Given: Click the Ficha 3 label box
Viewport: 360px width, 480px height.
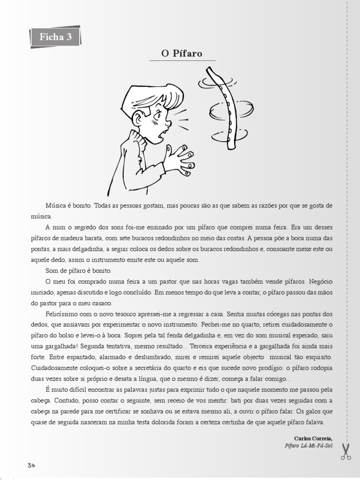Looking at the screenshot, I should [x=56, y=37].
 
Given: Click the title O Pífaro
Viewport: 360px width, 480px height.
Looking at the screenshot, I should [x=182, y=53].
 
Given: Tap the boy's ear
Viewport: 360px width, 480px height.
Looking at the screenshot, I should [x=137, y=119].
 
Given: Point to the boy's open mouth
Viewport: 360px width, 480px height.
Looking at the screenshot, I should [x=161, y=135].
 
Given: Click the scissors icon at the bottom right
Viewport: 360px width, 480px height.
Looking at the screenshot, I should [x=346, y=451].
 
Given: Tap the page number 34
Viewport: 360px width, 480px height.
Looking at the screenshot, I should [x=31, y=465].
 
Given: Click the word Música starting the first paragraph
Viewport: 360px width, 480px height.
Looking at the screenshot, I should [x=56, y=206].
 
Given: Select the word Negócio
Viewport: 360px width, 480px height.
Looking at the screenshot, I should [x=320, y=282].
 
